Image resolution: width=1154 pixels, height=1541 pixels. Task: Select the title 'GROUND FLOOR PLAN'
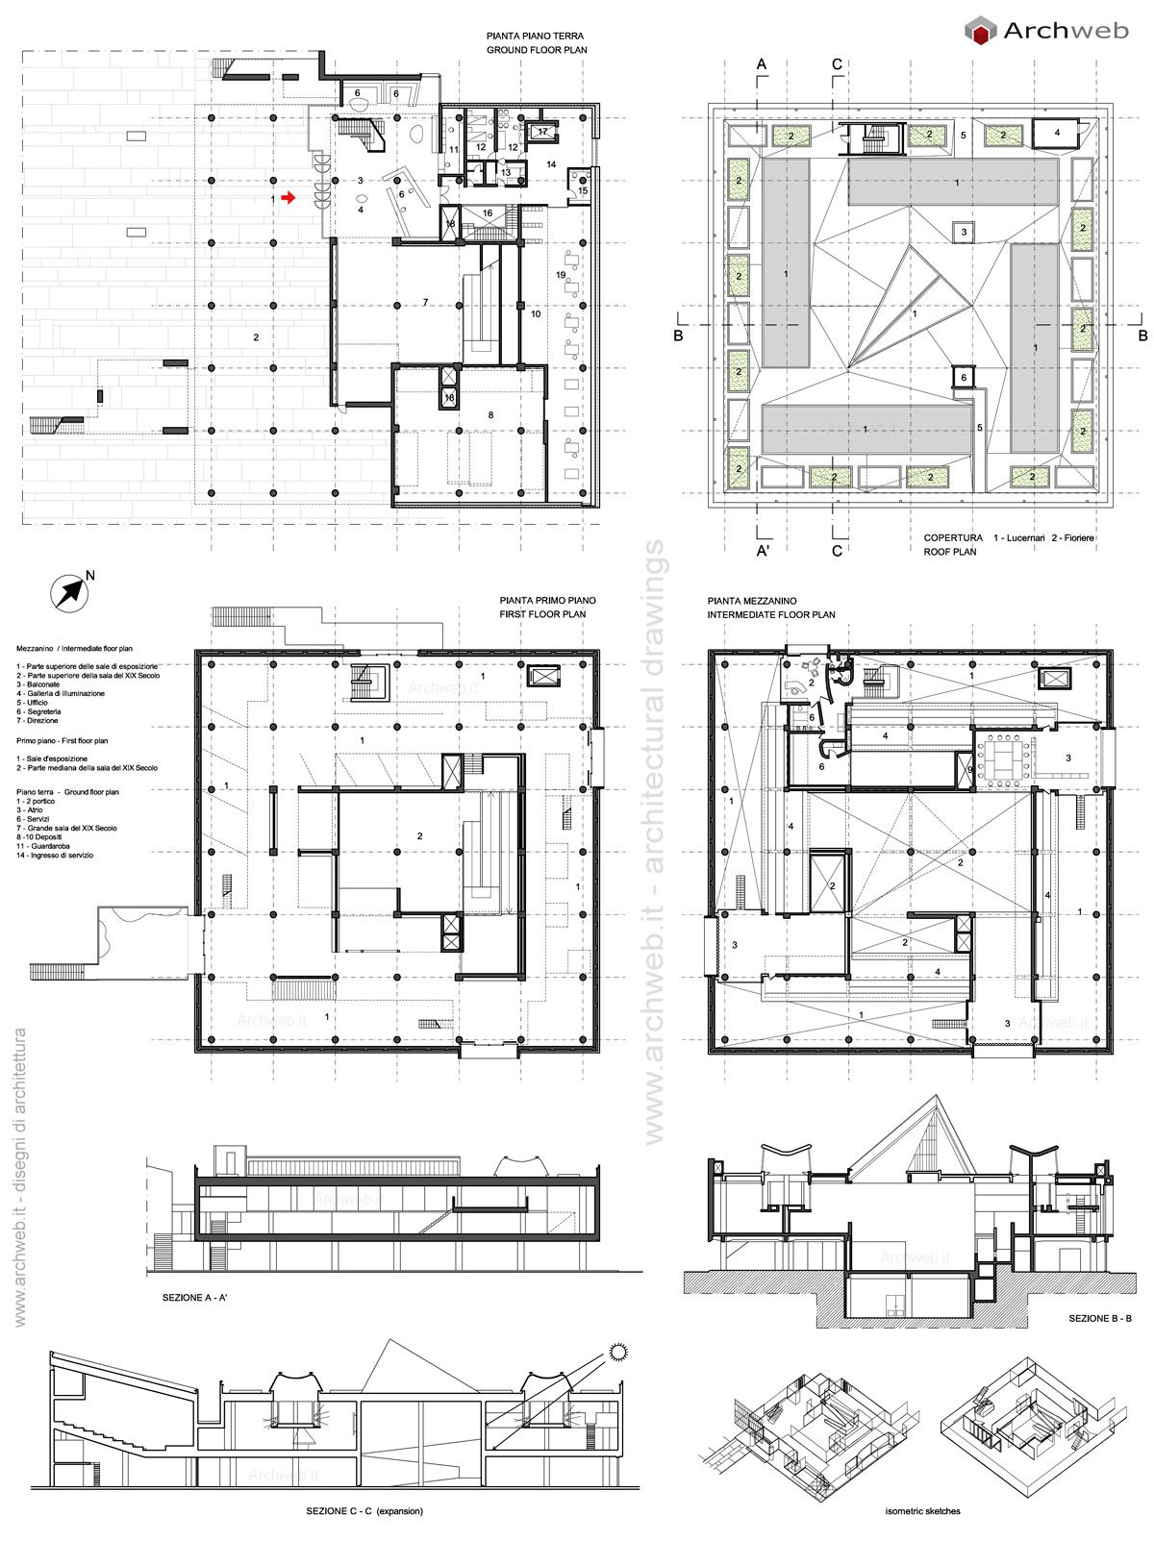[536, 50]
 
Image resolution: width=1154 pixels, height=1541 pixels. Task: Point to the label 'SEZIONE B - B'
[1099, 1319]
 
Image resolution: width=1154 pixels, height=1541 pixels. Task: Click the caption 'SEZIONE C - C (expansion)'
[364, 1511]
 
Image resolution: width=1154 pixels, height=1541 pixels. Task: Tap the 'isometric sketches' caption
[922, 1511]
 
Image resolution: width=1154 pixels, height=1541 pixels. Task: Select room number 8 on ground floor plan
[490, 414]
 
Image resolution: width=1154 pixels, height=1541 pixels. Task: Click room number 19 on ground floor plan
[561, 276]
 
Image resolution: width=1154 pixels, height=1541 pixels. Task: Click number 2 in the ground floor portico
[256, 337]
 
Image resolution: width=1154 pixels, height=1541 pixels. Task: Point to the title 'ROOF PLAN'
[950, 553]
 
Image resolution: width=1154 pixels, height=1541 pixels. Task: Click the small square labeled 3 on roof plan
[964, 232]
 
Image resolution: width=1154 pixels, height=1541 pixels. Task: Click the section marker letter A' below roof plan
[762, 551]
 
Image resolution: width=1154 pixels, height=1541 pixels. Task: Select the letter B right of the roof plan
[1142, 336]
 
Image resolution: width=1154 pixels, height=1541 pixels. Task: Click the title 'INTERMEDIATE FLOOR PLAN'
[771, 614]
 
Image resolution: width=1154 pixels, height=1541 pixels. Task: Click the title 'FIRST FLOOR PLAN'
[541, 613]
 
